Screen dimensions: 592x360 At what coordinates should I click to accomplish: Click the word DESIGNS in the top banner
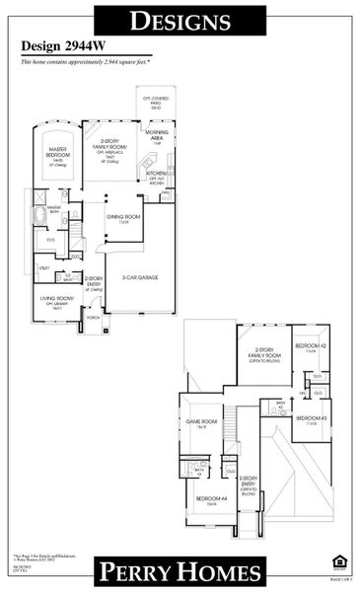pos(180,20)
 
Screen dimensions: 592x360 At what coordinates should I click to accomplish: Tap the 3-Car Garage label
pos(139,277)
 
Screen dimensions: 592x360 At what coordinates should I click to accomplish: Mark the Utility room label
pos(44,267)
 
